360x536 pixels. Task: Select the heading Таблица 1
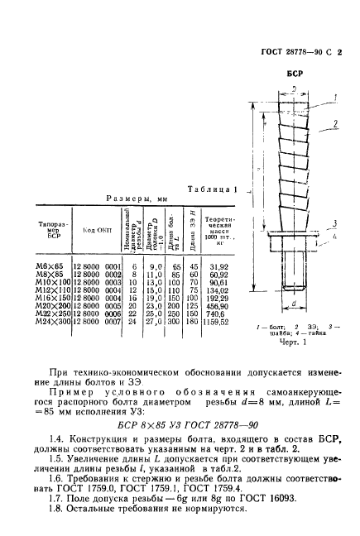pyautogui.click(x=213, y=188)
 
